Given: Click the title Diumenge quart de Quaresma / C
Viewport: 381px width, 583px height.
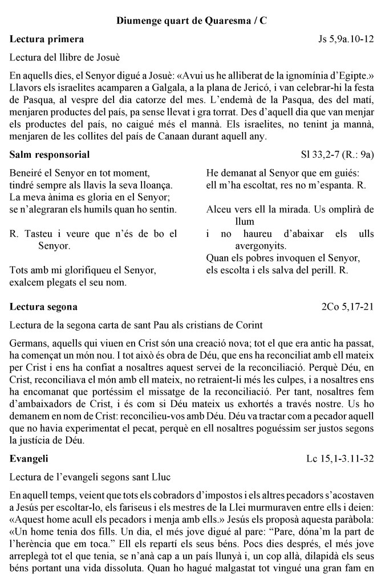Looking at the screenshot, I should (x=190, y=20).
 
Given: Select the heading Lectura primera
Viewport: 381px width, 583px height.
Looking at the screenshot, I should (x=47, y=39).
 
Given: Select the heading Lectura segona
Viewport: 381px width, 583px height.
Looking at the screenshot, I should (x=44, y=307).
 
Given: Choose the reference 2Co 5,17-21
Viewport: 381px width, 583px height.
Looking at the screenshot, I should (x=348, y=307).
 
